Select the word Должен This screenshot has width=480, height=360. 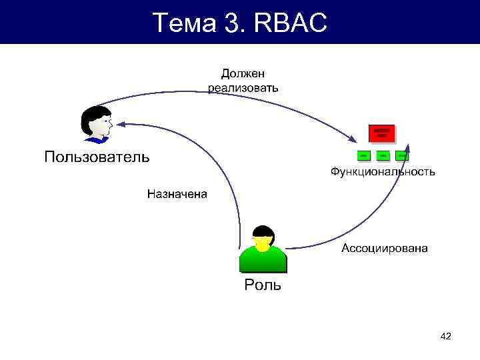pyautogui.click(x=243, y=73)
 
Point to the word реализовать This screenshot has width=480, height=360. pyautogui.click(x=243, y=87)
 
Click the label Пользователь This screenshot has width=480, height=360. pyautogui.click(x=97, y=157)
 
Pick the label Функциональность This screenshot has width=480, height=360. pyautogui.click(x=383, y=172)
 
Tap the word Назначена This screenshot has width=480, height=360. pyautogui.click(x=177, y=195)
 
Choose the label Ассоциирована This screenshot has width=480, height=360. pyautogui.click(x=385, y=249)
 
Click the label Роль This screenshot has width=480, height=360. pyautogui.click(x=263, y=285)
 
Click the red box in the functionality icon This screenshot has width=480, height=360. pyautogui.click(x=381, y=133)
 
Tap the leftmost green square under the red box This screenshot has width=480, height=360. pyautogui.click(x=363, y=155)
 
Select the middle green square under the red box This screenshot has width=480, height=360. pyautogui.click(x=382, y=155)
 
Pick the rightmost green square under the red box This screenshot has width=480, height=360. pyautogui.click(x=401, y=155)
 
